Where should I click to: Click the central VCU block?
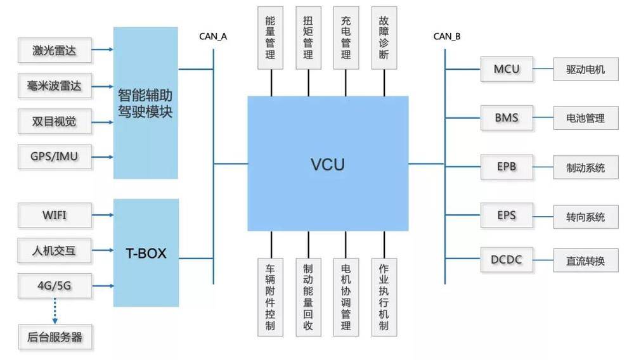point(328,164)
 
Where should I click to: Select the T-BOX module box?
point(146,253)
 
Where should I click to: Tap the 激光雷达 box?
point(55,50)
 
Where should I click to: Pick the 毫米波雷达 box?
point(55,86)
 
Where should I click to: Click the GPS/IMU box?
point(55,155)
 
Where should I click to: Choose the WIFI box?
point(55,215)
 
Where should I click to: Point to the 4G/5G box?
point(55,286)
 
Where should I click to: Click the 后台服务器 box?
point(55,337)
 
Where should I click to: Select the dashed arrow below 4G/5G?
point(55,311)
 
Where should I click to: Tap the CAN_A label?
point(213,36)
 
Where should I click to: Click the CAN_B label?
point(447,36)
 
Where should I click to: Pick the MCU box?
point(507,68)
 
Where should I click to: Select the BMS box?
point(507,118)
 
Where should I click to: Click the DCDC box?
point(507,259)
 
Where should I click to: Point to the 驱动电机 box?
point(586,69)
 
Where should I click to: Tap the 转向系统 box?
point(586,217)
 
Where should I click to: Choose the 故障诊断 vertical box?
point(384,37)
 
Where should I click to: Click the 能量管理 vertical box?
point(271,37)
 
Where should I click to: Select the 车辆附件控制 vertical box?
point(271,296)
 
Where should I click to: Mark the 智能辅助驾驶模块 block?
point(146,103)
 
